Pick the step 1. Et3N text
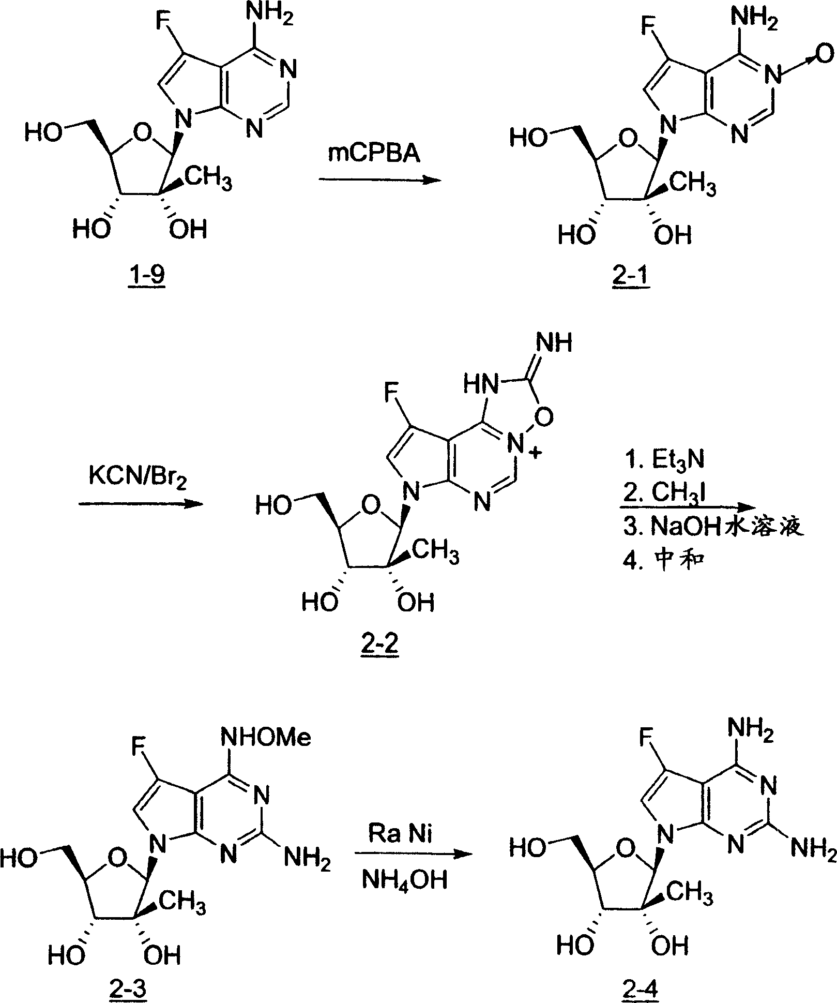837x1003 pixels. (663, 460)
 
